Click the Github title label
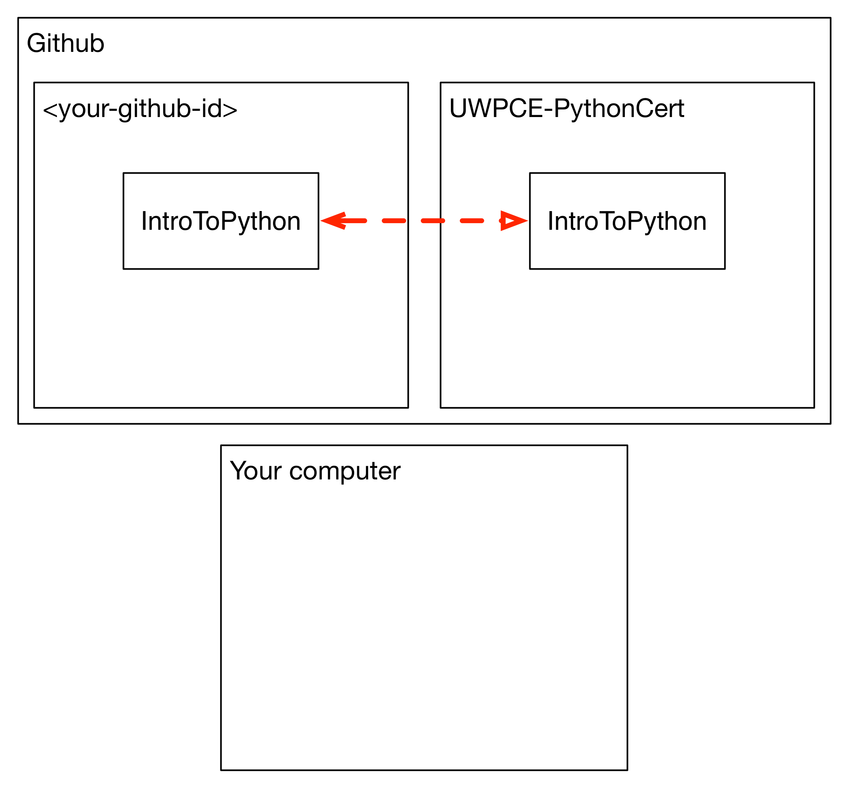pos(66,43)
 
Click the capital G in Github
pos(36,43)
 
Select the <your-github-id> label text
pos(140,110)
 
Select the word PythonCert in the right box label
pos(619,110)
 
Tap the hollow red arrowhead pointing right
pos(514,221)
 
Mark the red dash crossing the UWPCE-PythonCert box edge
pos(433,221)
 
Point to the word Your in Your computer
pos(256,471)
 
